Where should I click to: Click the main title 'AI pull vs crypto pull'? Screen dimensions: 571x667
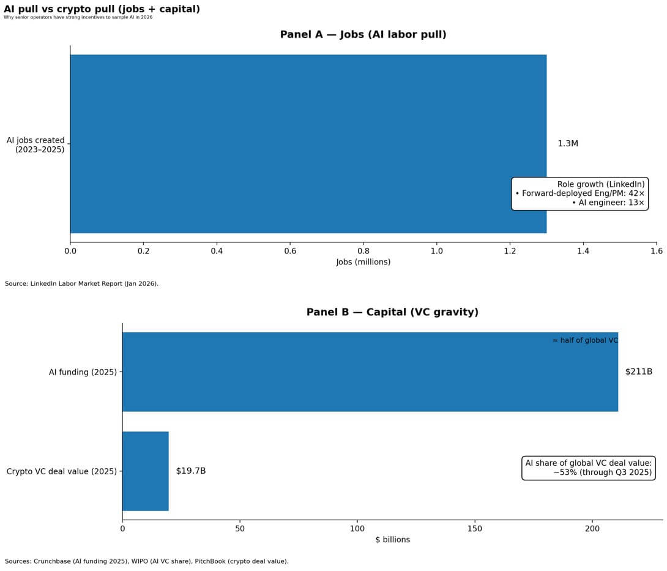click(x=102, y=9)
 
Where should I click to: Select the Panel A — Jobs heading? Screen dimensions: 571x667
click(x=363, y=35)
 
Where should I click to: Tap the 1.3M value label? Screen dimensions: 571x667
click(x=567, y=144)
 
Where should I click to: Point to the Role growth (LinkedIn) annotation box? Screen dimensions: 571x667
click(x=579, y=193)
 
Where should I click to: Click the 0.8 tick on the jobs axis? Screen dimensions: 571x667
click(x=363, y=250)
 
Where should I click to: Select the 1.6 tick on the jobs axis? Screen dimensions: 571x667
click(x=656, y=250)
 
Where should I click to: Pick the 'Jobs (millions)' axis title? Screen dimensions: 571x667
click(x=363, y=262)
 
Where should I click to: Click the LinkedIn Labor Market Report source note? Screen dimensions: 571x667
click(x=81, y=283)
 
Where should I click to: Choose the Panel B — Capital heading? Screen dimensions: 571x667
click(x=392, y=312)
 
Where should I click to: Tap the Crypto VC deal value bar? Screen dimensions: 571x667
click(x=145, y=471)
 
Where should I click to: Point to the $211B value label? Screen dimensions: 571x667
click(x=638, y=371)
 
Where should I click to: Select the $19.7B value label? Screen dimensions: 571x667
click(x=190, y=471)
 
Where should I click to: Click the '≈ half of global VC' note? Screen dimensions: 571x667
click(x=584, y=340)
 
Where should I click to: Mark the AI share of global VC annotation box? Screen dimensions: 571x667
click(x=588, y=468)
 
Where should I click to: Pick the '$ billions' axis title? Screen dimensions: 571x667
click(x=392, y=540)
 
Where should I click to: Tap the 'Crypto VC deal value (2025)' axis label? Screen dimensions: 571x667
click(x=61, y=471)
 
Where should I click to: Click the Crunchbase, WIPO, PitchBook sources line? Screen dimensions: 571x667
click(x=146, y=561)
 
